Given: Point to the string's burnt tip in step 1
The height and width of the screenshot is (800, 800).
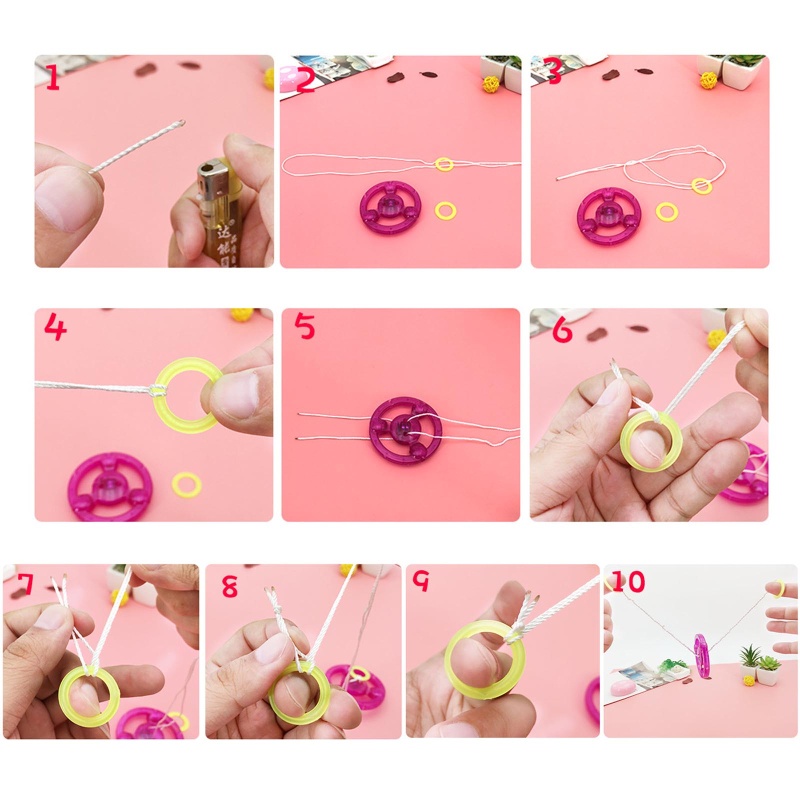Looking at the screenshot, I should pyautogui.click(x=179, y=124).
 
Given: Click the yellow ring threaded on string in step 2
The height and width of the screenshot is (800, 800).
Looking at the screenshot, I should pyautogui.click(x=444, y=164).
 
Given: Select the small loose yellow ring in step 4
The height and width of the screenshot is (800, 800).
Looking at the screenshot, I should pyautogui.click(x=187, y=485).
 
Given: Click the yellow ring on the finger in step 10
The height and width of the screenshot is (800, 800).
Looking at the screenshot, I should pyautogui.click(x=778, y=588).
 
